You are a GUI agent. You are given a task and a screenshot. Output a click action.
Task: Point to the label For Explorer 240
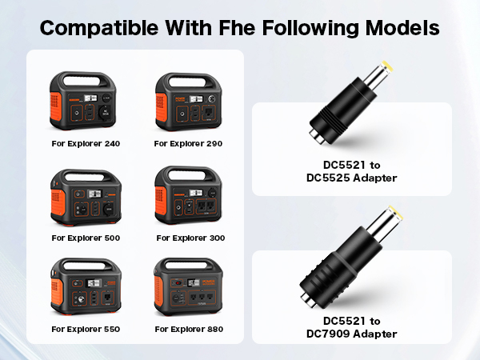(x=86, y=144)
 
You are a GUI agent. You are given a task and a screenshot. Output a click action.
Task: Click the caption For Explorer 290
(x=189, y=144)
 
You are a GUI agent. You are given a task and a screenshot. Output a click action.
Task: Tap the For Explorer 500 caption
(x=86, y=238)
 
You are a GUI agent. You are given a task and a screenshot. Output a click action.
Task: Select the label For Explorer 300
(x=190, y=238)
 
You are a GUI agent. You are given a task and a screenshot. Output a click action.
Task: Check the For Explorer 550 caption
(x=86, y=329)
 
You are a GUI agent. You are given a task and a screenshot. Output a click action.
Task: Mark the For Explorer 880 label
(x=190, y=329)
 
